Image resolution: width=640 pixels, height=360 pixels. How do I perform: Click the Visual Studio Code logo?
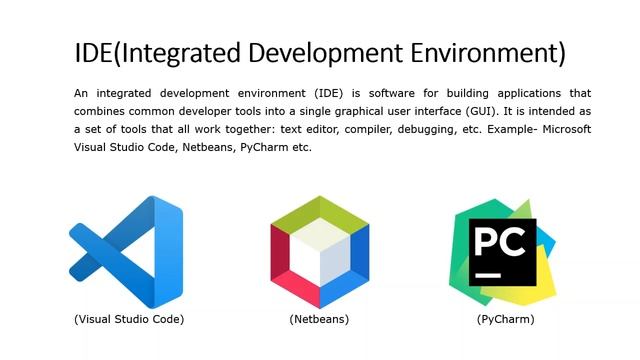click(x=126, y=251)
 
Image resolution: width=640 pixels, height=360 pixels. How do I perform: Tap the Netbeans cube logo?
click(x=319, y=251)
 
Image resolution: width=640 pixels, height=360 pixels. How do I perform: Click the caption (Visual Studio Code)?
click(x=129, y=319)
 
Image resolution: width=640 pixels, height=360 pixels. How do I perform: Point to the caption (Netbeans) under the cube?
click(x=319, y=319)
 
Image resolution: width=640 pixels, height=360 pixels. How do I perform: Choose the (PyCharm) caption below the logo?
click(x=505, y=319)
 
